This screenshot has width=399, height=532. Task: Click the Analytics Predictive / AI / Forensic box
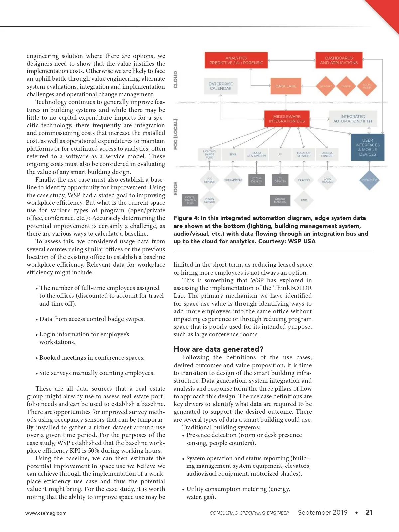(236, 60)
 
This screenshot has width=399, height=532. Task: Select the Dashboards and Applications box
(339, 60)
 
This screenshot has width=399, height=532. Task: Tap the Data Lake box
(286, 86)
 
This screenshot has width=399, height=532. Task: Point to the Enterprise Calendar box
(221, 86)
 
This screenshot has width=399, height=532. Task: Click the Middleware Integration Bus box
(287, 119)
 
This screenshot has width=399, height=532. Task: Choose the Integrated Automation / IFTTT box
(353, 119)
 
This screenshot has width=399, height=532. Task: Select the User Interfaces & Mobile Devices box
(367, 147)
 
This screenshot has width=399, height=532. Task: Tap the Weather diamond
(326, 86)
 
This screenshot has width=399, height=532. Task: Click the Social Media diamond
(367, 86)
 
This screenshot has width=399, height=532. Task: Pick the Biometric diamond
(369, 180)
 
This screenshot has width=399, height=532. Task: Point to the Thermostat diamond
(233, 180)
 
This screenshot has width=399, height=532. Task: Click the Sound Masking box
(280, 200)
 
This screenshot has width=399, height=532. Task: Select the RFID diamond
(304, 200)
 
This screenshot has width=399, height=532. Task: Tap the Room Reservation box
(256, 154)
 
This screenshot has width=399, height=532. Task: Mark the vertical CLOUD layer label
(176, 80)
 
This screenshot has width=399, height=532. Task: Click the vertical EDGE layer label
(176, 188)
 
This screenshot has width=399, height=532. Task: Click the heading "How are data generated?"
(218, 349)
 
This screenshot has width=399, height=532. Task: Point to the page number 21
(369, 512)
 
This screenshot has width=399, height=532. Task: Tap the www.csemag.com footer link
(46, 513)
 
